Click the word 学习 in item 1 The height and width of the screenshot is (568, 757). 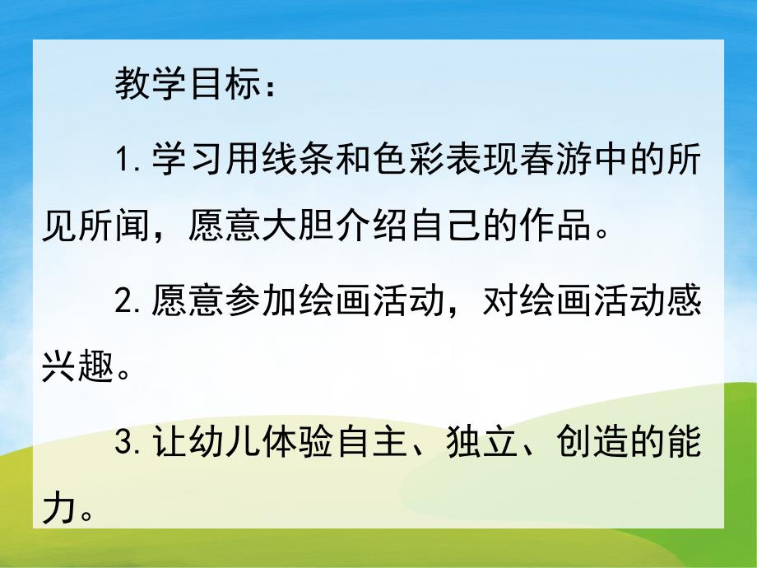(188, 160)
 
